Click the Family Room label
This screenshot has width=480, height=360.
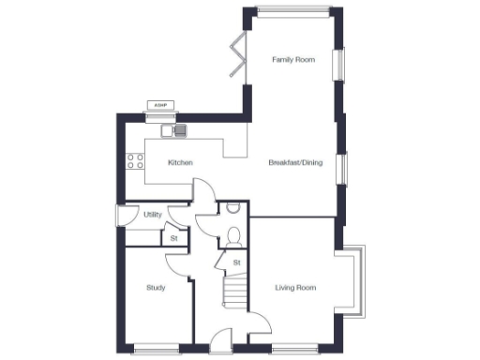pos(293,60)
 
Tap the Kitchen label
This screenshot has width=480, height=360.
pos(180,163)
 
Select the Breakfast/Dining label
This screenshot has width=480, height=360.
pos(294,163)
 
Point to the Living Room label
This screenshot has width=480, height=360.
pos(294,287)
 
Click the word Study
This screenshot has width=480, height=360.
pos(156,287)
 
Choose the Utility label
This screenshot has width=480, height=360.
pos(153,215)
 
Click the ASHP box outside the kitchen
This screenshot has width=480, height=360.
pos(159,107)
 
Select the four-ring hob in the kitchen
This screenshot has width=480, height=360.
pos(134,160)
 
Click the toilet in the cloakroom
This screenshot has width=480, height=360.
pos(234,234)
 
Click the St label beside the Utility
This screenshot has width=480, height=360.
pos(173,238)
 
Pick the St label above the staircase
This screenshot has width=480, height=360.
pos(236,262)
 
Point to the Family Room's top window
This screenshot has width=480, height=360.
pos(292,11)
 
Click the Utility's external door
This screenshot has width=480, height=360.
pos(120,216)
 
